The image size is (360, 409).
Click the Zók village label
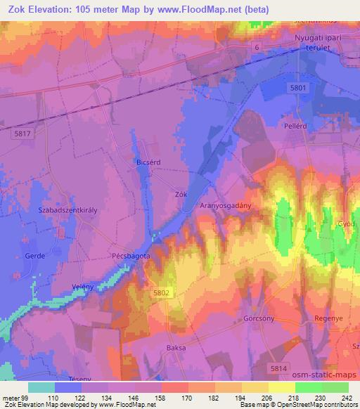[181, 193]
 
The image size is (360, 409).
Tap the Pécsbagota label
[130, 257]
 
